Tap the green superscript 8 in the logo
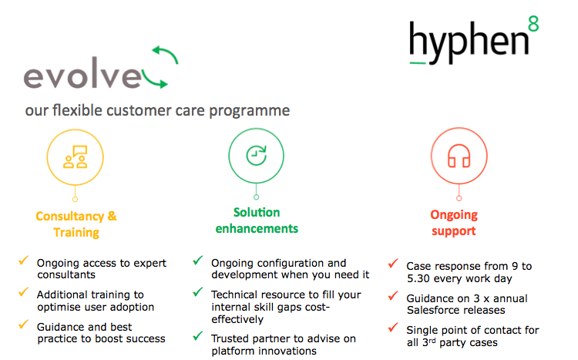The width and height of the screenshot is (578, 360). tap(533, 23)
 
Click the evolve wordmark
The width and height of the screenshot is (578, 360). tap(82, 77)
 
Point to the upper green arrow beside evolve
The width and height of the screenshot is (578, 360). tap(164, 55)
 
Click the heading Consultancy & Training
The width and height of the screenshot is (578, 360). tap(76, 224)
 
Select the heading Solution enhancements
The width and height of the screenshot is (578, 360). tap(256, 220)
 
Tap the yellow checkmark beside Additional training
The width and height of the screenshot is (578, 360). tap(24, 293)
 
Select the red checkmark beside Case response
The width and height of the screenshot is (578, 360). tap(393, 264)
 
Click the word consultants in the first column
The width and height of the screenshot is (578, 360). tap(66, 274)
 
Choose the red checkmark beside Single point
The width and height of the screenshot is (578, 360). tap(393, 328)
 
